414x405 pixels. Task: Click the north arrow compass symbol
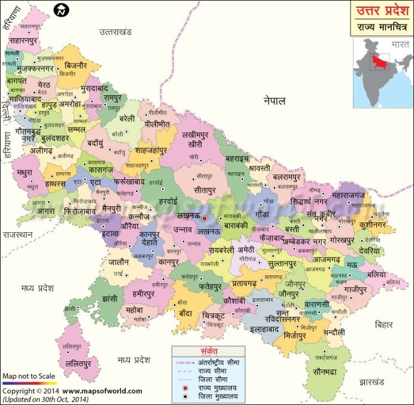61,10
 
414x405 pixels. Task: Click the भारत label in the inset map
399,45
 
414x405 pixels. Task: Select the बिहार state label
383,324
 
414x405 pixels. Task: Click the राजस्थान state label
17,236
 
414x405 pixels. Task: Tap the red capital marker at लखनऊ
204,219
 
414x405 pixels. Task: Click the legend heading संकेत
209,350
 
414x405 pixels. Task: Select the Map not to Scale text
29,377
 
